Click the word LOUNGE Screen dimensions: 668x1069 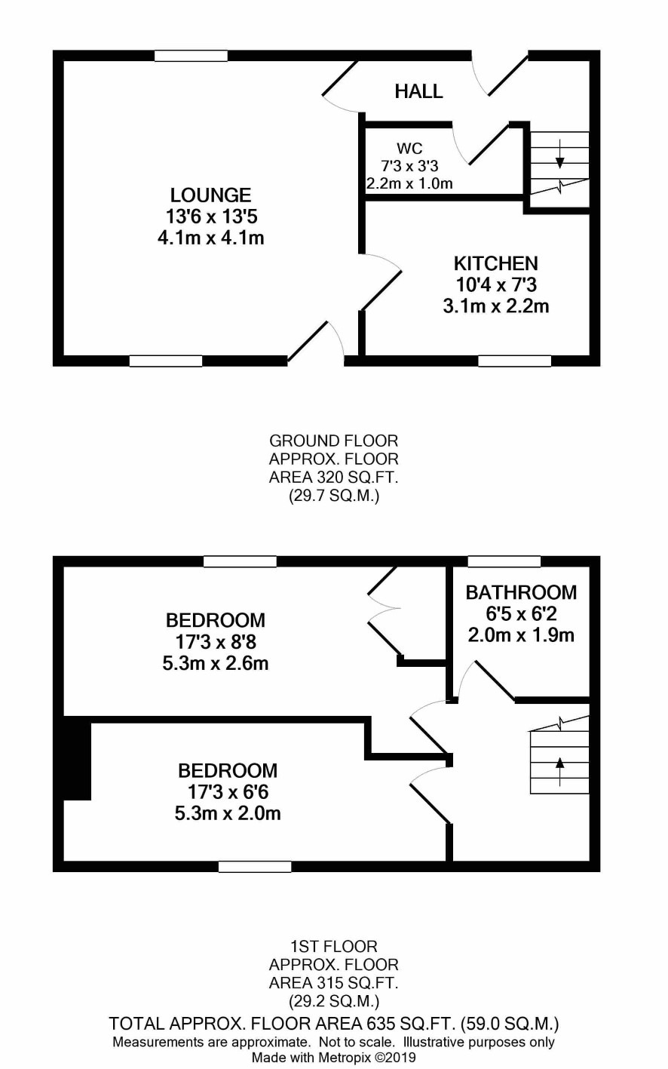pyautogui.click(x=211, y=195)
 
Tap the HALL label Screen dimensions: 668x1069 pyautogui.click(x=418, y=91)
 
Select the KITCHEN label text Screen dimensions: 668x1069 pyautogui.click(x=496, y=263)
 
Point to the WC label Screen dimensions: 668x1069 pyautogui.click(x=409, y=149)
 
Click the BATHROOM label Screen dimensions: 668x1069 pyautogui.click(x=521, y=592)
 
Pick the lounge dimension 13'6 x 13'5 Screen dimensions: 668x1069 pyautogui.click(x=211, y=217)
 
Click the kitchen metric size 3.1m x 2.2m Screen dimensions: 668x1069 pyautogui.click(x=496, y=306)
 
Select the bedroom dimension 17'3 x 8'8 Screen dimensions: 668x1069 pyautogui.click(x=216, y=642)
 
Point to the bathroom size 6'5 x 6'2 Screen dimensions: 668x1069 pyautogui.click(x=521, y=614)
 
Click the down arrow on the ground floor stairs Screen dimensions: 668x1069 pyautogui.click(x=560, y=154)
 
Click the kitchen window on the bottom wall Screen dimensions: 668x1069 pyautogui.click(x=514, y=361)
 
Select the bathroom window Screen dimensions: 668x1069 pyautogui.click(x=504, y=561)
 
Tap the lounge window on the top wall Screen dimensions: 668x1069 pyautogui.click(x=191, y=56)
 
